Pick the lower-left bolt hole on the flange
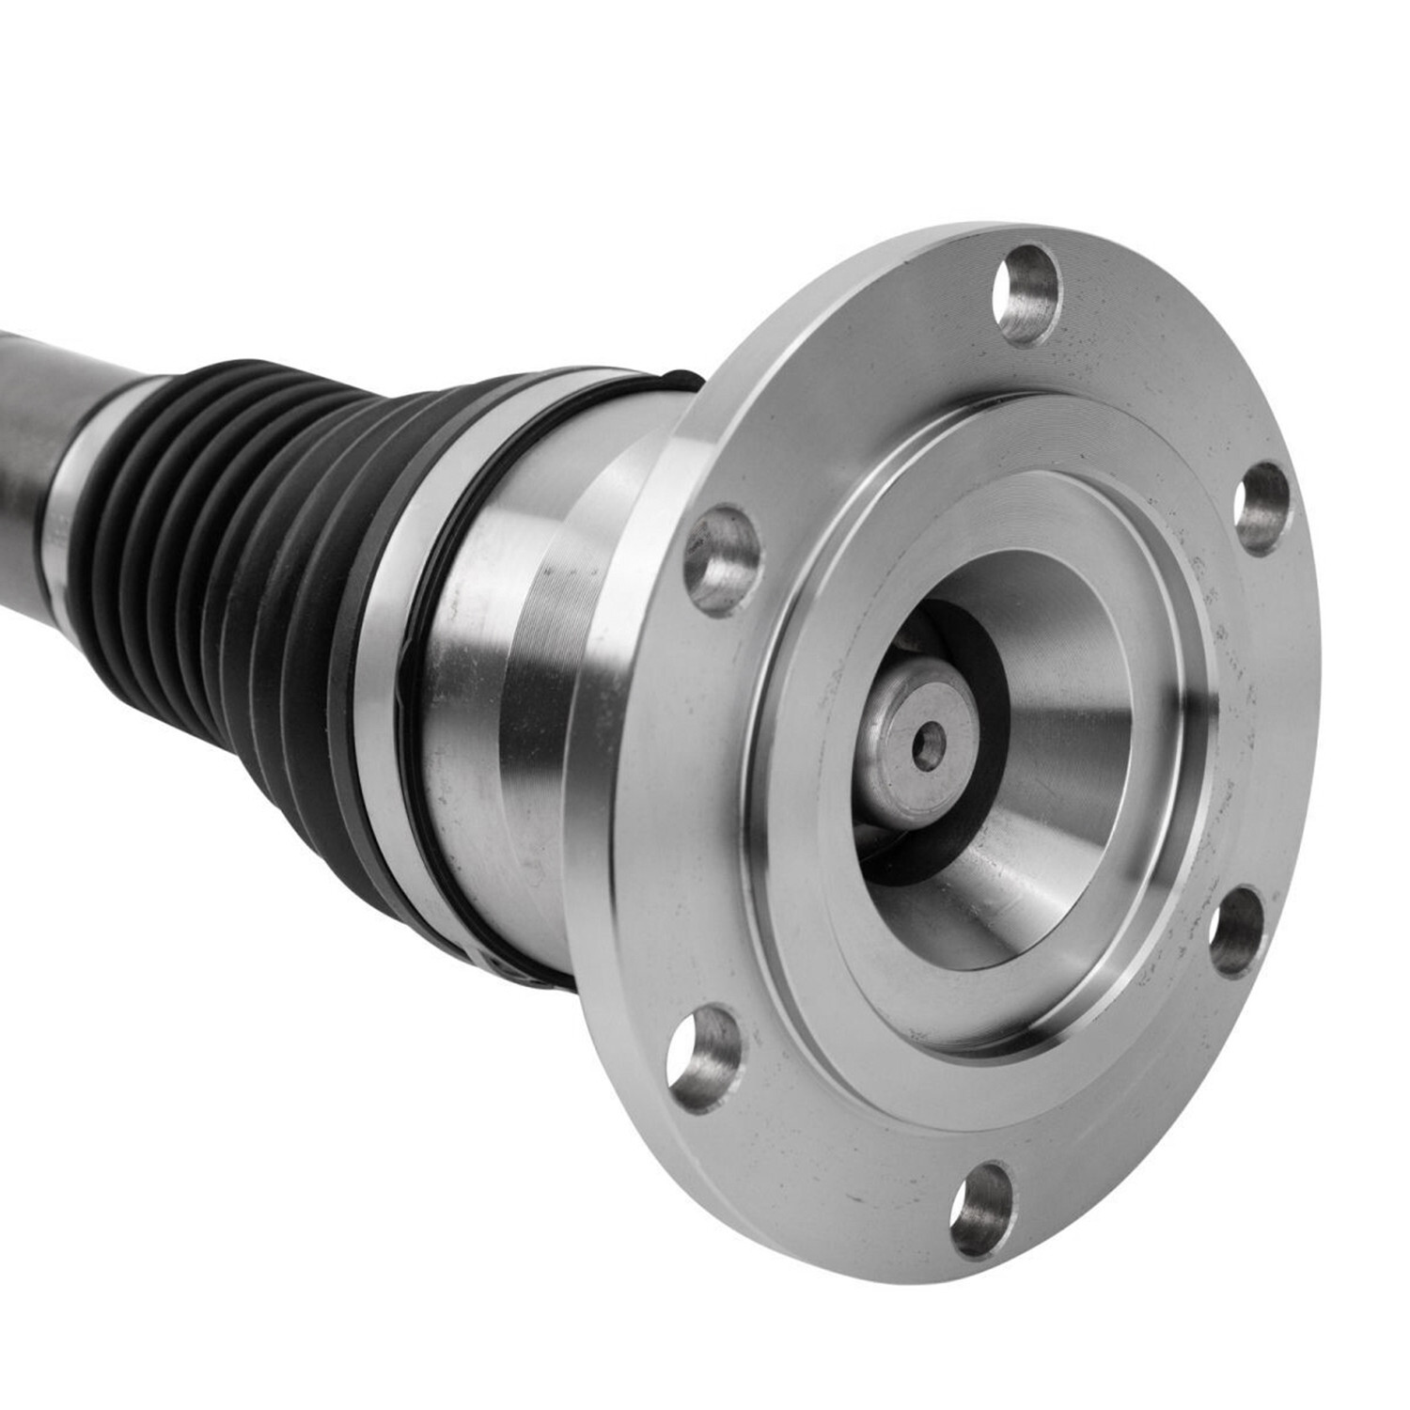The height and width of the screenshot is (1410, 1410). tap(705, 1058)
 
